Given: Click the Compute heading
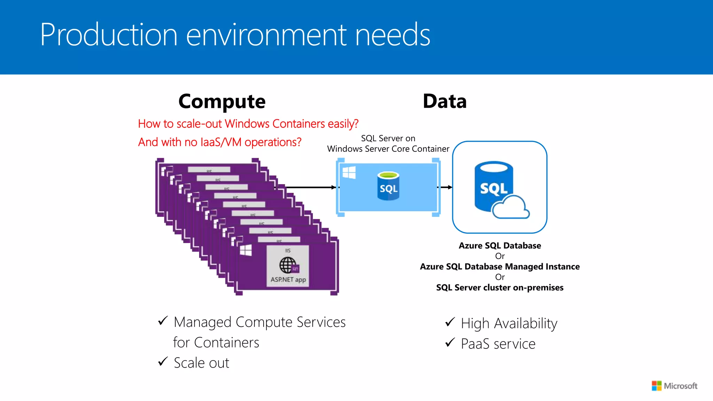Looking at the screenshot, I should coord(222,101).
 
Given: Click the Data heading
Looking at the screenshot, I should coord(445,101).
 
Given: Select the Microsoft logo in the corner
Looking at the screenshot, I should coord(674,386).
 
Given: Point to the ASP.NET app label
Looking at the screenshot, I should coord(288,280).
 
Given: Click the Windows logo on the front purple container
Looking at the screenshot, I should coord(246,250).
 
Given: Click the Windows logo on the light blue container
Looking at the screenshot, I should coord(349,172).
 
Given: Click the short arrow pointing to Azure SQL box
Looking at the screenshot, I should coord(446,187).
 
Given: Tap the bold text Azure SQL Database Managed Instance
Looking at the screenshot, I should coord(500,267).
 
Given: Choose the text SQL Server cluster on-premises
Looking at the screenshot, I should coord(500,288).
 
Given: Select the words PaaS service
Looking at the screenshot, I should coord(498,344).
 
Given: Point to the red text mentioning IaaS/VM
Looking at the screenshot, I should coord(220,142).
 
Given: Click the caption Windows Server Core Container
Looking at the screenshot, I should coord(388,149).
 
